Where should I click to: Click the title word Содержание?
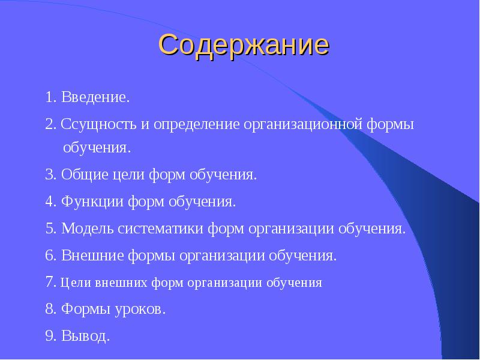pos(244,45)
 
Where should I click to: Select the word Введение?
pos(95,97)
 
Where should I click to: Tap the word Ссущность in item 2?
pos(98,125)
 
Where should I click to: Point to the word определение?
pos(197,125)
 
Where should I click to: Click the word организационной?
pos(303,125)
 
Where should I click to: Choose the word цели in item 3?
pos(128,175)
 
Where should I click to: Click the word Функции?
pos(92,202)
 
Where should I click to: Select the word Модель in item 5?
pos(87,229)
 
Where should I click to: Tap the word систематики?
pos(160,229)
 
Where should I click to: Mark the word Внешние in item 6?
pos(92,256)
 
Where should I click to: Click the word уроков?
pos(140,310)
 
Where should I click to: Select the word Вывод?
pos(86,335)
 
